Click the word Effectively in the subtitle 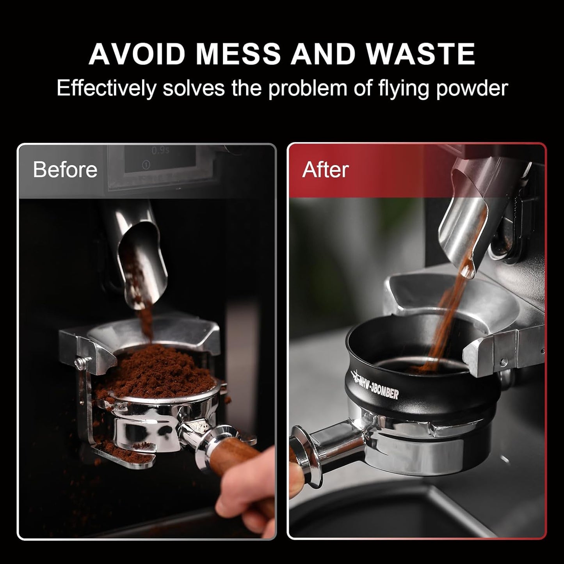click(106, 88)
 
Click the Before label click(65, 170)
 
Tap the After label click(325, 170)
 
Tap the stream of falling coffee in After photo click(449, 312)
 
